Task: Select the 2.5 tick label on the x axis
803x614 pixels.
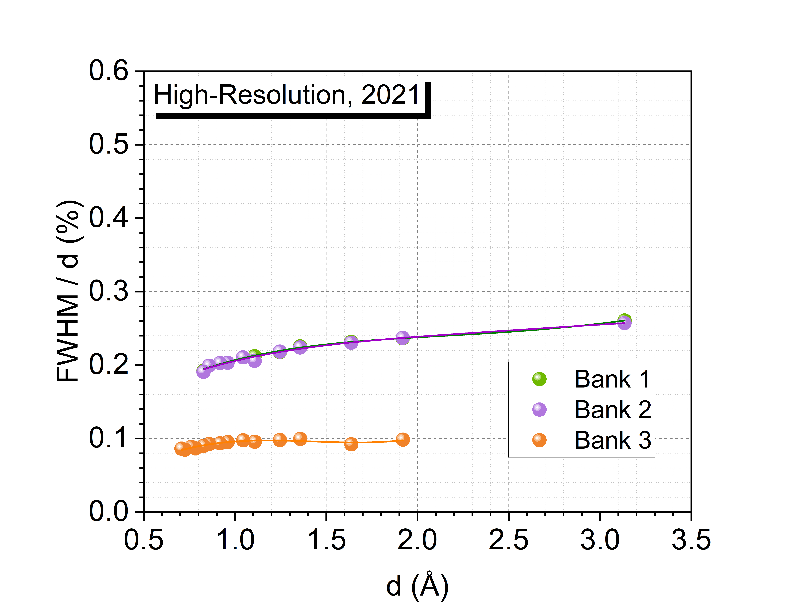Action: [x=508, y=540]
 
